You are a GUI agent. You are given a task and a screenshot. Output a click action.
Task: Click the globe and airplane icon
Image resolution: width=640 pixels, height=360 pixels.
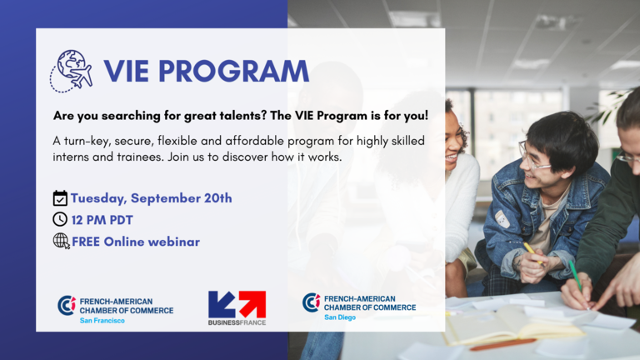click(x=72, y=71)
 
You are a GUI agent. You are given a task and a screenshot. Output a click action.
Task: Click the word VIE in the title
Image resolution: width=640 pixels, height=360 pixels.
click(x=126, y=72)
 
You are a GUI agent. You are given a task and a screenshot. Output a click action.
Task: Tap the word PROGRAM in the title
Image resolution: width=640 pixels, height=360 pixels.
click(x=233, y=72)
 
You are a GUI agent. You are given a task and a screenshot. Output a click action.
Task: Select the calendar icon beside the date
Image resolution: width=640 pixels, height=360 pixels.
click(x=60, y=198)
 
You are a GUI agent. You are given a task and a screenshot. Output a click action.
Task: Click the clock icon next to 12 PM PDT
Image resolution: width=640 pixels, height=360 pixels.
click(x=60, y=220)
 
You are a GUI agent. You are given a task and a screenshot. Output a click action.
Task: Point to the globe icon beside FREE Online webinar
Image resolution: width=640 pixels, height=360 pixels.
click(x=61, y=241)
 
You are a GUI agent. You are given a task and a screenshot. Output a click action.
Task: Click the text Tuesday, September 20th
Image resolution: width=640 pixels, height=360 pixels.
click(x=152, y=198)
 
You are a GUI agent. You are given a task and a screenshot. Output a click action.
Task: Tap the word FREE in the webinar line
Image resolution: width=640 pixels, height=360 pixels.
click(x=86, y=242)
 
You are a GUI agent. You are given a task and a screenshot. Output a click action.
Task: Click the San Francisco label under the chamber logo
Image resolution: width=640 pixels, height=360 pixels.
click(x=102, y=320)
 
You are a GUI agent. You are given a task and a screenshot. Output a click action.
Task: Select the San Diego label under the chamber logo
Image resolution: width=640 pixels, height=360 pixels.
click(x=340, y=317)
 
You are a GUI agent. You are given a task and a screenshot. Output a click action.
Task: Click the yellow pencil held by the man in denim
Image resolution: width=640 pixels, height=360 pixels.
click(x=533, y=254)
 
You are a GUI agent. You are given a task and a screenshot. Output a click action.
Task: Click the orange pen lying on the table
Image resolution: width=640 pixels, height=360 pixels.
click(x=502, y=344)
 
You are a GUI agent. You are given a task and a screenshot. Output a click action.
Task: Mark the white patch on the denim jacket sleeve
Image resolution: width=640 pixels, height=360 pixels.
click(x=502, y=219)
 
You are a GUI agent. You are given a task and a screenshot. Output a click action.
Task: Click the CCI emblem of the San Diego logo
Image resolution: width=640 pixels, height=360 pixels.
click(x=312, y=302)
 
